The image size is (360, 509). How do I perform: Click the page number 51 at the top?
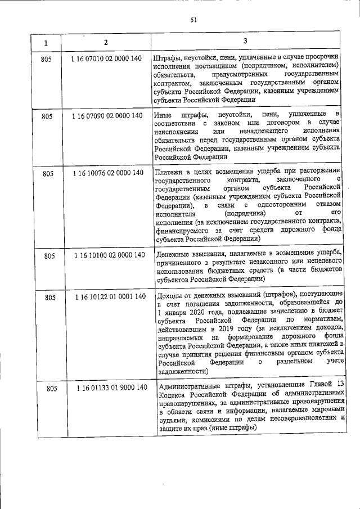click(193, 21)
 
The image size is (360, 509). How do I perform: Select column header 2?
click(106, 43)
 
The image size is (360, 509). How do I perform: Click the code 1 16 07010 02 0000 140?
click(107, 57)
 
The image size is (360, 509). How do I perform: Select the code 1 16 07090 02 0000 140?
click(107, 116)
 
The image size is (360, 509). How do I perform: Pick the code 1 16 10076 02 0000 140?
click(107, 173)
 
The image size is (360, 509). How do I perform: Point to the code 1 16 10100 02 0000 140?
click(109, 255)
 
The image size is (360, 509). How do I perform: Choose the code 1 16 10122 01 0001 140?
click(110, 296)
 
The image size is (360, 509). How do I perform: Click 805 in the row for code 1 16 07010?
click(47, 58)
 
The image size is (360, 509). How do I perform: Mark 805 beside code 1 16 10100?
click(49, 256)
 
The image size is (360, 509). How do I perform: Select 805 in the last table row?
click(52, 389)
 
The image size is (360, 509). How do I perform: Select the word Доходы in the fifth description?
click(171, 295)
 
